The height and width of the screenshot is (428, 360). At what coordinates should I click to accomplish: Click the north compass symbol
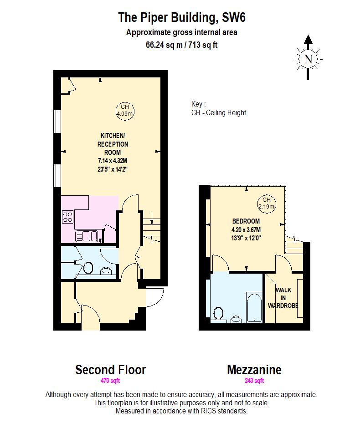pos(309,58)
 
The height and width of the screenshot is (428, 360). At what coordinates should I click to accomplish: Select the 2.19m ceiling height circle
pos(267,203)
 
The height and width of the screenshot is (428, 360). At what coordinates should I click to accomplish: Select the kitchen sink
pos(87,236)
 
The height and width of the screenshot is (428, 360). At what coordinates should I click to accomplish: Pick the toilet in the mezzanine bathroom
pos(219,314)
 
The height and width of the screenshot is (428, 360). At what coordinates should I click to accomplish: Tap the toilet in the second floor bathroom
pos(88,268)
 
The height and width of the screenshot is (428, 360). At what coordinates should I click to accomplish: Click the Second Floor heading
pos(110,369)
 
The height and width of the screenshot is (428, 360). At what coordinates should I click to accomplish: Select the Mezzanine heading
pos(254,369)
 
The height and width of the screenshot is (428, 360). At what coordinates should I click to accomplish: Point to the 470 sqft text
pos(110,381)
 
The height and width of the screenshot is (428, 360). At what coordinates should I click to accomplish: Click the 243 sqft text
pos(254,381)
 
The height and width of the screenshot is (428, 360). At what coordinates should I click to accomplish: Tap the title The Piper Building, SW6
pos(182,18)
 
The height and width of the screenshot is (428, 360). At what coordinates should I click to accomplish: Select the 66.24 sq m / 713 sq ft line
pos(182,45)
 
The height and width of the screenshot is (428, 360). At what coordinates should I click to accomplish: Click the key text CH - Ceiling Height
pos(219,112)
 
